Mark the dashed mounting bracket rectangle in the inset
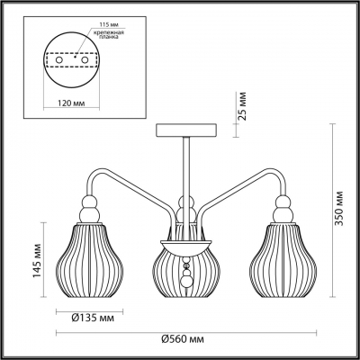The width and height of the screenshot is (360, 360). tap(69, 64)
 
